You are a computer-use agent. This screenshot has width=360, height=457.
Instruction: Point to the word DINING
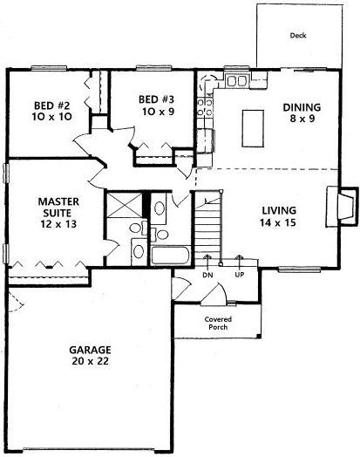pyautogui.click(x=302, y=108)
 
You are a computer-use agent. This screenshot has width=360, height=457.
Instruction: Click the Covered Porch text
pyautogui.click(x=217, y=324)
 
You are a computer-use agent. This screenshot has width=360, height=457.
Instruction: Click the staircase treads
pyautogui.click(x=208, y=231)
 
